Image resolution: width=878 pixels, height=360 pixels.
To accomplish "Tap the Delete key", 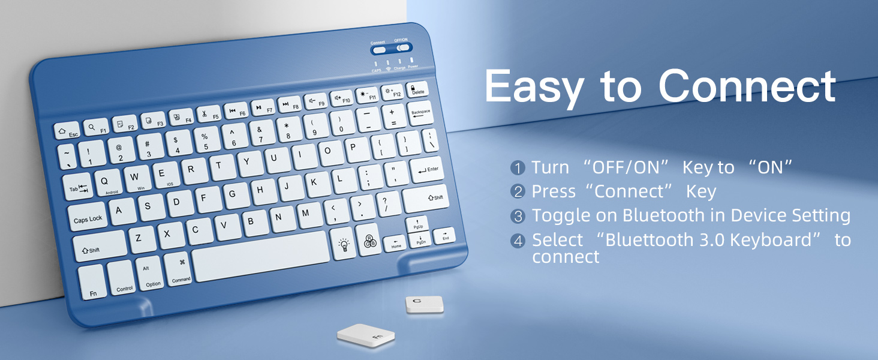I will [x=417, y=89].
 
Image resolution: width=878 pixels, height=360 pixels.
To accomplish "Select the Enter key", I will [x=427, y=170].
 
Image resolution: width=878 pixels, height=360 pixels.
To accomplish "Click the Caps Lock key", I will [x=88, y=217].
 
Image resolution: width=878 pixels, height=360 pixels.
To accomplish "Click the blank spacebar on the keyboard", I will [x=261, y=256].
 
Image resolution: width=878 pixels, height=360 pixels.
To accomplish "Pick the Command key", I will [x=180, y=270].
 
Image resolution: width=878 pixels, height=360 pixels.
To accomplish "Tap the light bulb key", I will [x=344, y=244].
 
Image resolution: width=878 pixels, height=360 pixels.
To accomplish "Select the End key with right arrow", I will [x=444, y=235].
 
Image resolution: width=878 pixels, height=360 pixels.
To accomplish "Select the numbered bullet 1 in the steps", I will [x=518, y=168].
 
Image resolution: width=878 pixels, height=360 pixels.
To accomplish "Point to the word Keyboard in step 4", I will [x=769, y=240].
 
